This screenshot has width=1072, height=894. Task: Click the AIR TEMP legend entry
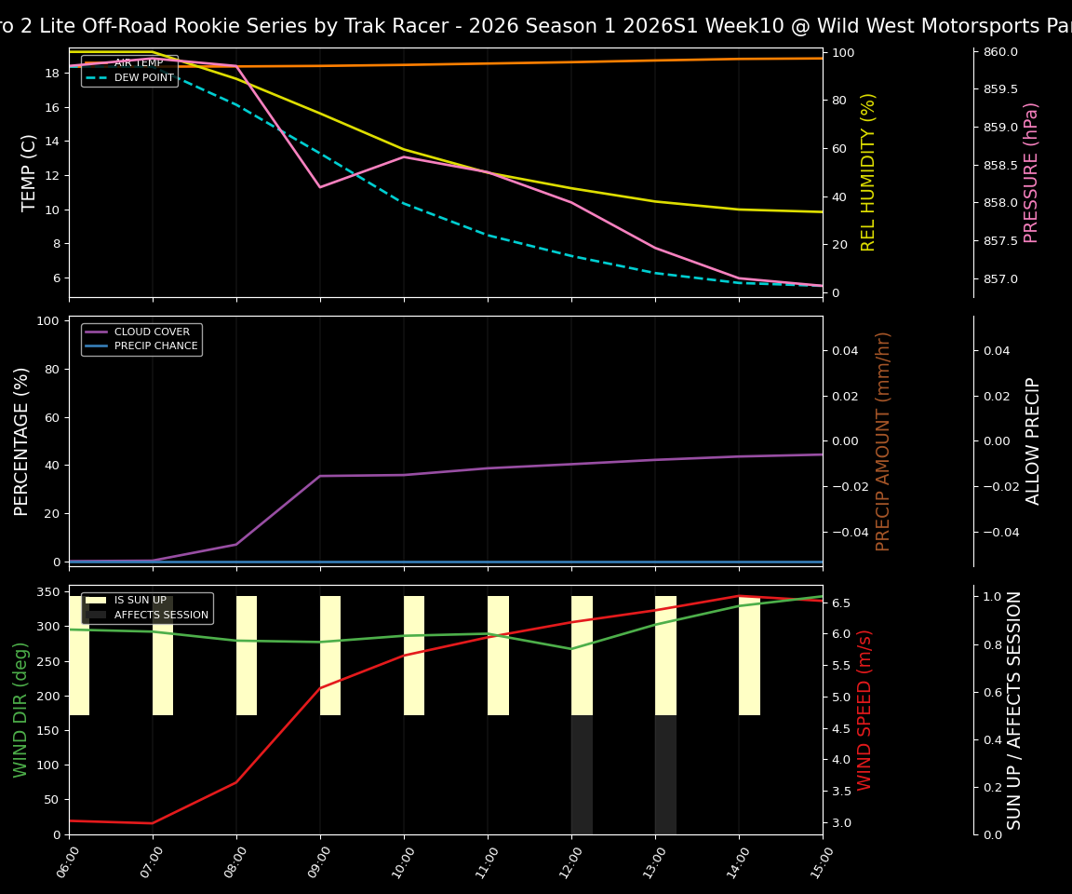pos(138,63)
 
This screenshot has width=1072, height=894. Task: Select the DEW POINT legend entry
pos(143,78)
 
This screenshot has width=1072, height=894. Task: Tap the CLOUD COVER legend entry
pos(152,332)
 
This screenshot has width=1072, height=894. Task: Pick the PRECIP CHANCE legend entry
pos(155,346)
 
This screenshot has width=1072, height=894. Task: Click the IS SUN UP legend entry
pos(140,601)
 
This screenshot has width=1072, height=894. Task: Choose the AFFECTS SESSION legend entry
pos(161,616)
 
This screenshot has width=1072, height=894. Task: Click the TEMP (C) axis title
pos(30,172)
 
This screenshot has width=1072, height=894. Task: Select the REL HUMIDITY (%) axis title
pos(868,172)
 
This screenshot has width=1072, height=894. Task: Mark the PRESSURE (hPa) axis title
pos(1031,172)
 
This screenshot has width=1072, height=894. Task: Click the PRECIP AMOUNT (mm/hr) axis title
pos(883,440)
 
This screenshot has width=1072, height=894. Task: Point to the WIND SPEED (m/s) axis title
pos(865,710)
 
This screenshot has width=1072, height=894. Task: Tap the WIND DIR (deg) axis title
pos(20,710)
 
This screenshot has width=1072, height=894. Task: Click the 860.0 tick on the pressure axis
pos(999,52)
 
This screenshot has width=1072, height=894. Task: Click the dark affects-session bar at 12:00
pos(582,775)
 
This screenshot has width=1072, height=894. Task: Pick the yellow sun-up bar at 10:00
pos(414,656)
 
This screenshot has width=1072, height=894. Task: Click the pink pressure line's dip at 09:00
pos(320,187)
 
